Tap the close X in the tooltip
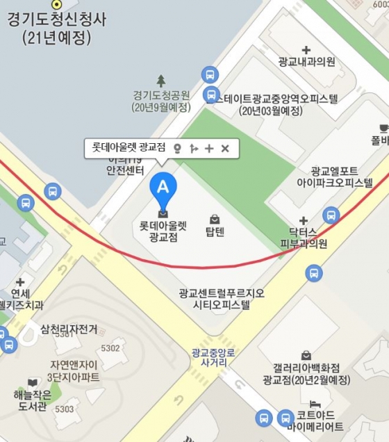coord(225,148)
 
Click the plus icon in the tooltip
coord(209,148)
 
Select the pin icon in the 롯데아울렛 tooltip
coord(177,148)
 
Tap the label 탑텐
coord(215,231)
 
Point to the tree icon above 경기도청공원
coord(161,81)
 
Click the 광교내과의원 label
coord(306,62)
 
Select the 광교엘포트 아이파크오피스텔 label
coord(335,177)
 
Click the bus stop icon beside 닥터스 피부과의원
coord(331,215)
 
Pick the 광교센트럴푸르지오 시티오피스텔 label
coord(221,299)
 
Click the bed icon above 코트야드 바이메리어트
coord(315,404)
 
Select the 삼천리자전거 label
coord(69,329)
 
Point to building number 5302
coord(110,348)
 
